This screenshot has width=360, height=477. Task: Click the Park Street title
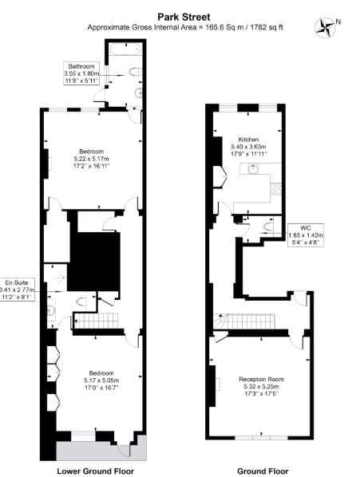pos(184,17)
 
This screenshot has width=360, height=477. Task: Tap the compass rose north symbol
pos(326,27)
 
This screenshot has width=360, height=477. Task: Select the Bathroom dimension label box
pos(81,73)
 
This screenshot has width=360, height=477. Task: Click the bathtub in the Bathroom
pos(125,49)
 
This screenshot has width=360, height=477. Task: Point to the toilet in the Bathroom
pos(135,73)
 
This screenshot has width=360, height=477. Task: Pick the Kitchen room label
pos(248,140)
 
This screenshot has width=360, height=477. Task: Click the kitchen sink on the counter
pos(252,168)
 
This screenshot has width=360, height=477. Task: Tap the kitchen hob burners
pos(276,188)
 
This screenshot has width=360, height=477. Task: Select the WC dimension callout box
pos(306,235)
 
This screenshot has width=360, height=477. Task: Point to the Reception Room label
pos(261,380)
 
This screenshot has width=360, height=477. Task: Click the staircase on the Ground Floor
pos(244,321)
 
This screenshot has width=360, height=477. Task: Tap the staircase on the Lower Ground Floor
pos(96,321)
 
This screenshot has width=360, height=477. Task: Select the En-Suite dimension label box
pos(18,290)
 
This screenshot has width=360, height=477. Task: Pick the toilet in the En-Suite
pos(81,302)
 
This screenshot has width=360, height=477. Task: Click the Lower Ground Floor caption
pos(95,471)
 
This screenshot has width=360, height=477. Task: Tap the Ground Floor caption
pos(263,471)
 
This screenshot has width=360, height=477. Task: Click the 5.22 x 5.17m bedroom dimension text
pos(91,159)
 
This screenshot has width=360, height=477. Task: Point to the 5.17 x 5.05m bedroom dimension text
pos(101,380)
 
